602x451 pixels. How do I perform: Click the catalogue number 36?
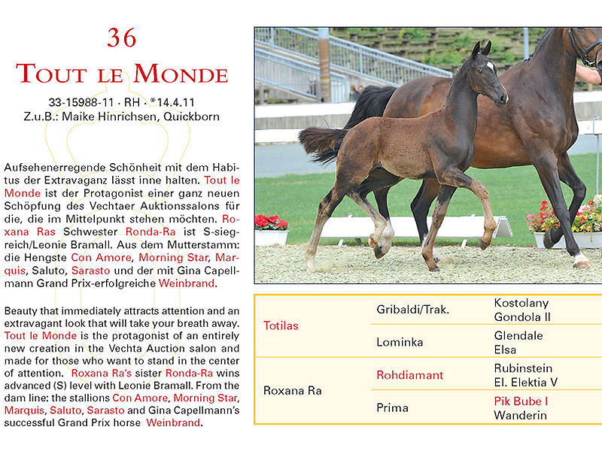coord(122,38)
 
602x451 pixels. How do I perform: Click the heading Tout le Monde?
coord(122,74)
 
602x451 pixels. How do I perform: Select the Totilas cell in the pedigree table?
coord(281,325)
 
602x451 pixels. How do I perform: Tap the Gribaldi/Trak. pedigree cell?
coord(413,309)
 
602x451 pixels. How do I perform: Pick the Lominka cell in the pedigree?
coord(400,342)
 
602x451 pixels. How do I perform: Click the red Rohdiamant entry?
coord(410,374)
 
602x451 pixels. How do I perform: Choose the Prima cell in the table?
coord(393,407)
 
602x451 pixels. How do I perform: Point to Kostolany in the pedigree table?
coord(521,302)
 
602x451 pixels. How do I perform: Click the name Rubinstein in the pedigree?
coord(523,368)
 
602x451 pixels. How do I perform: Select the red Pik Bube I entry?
coord(521,401)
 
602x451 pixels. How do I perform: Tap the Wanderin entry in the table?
coord(520,415)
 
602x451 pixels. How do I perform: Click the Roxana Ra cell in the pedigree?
coord(293,391)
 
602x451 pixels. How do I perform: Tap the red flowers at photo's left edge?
coord(271,222)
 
